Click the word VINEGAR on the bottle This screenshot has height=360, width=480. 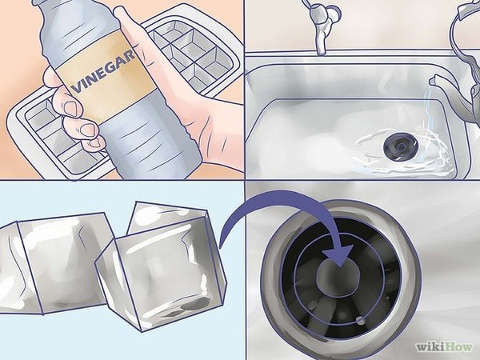pos(103,72)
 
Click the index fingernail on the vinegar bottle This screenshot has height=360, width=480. pos(70,109)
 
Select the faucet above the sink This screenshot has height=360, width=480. pos(321,25)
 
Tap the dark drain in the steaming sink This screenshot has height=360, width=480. pos(400,147)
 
